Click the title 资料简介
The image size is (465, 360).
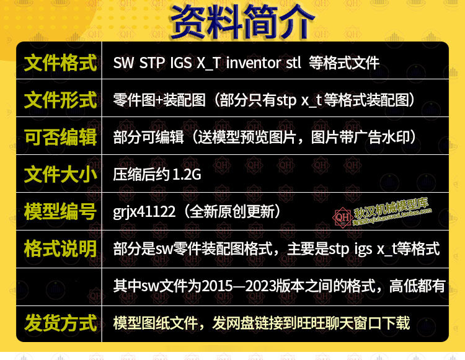pos(242,22)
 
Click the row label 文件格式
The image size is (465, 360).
pos(61,63)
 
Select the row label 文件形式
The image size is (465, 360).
pos(61,100)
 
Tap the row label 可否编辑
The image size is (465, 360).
pos(61,138)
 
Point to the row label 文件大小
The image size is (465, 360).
pos(61,175)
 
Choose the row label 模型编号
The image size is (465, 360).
pos(61,212)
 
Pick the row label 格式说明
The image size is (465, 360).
pos(61,249)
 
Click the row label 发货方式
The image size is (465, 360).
pos(61,323)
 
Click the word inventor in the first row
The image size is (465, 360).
pos(254,63)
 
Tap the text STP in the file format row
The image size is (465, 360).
pos(152,63)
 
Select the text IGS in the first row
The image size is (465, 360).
pos(181,63)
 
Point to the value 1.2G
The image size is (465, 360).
pos(187,175)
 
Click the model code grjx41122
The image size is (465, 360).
pos(144,213)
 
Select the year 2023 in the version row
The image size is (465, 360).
pos(260,286)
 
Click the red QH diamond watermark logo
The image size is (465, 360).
pos(343,217)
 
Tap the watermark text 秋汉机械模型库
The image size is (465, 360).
pos(391,208)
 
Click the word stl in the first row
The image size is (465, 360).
pos(293,63)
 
